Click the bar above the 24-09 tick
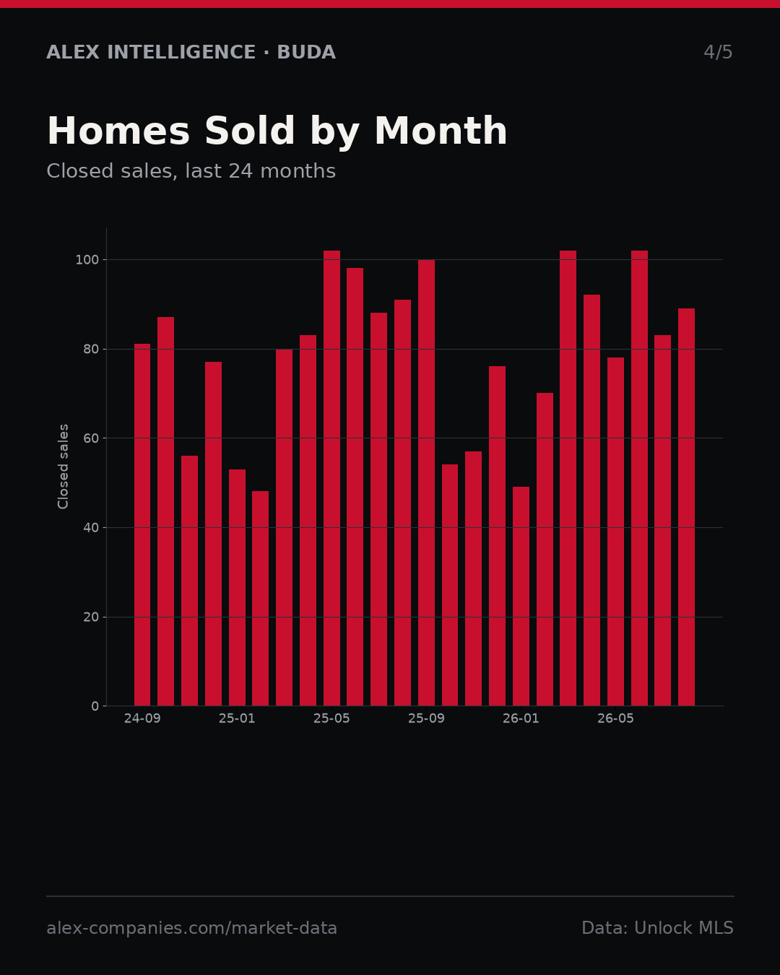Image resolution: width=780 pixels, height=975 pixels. [x=142, y=524]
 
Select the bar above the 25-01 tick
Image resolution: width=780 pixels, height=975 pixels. [x=237, y=588]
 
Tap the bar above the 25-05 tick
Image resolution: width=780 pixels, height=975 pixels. [x=331, y=478]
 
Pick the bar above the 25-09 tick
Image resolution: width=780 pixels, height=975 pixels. [x=426, y=482]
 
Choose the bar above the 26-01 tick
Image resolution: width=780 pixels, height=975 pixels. [x=521, y=597]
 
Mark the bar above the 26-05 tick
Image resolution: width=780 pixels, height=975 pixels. [x=615, y=532]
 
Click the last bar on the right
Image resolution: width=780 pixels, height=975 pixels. [x=686, y=507]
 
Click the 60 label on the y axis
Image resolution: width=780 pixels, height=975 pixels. [x=91, y=438]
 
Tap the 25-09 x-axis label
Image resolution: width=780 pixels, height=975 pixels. [x=426, y=719]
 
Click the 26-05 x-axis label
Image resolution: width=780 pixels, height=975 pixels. [x=615, y=719]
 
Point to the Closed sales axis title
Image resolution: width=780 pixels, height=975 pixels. [x=63, y=467]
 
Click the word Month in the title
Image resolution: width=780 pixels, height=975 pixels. [x=441, y=131]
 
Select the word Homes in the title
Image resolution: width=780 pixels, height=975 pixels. [x=118, y=131]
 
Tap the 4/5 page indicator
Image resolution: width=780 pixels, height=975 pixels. [x=718, y=52]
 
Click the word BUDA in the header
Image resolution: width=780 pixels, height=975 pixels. [x=306, y=52]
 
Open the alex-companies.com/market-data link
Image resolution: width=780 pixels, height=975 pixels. [x=191, y=928]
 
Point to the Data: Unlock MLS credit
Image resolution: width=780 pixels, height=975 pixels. [x=658, y=928]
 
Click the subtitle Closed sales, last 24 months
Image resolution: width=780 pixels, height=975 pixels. [x=191, y=171]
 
